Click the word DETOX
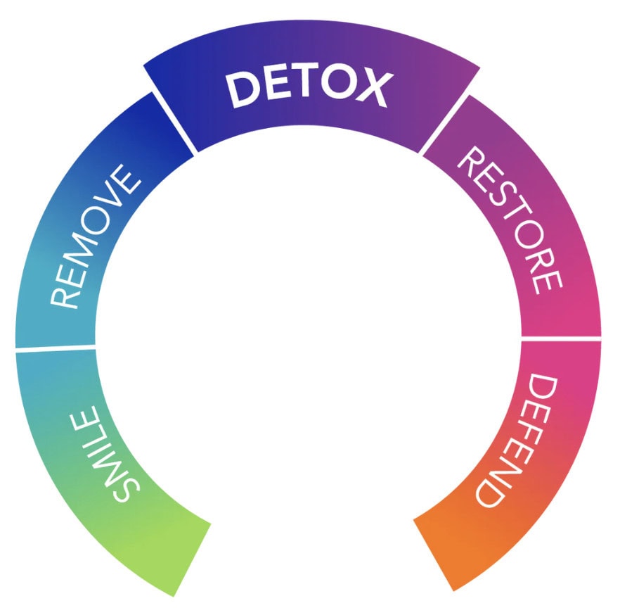(x=309, y=89)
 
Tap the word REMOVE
(x=96, y=236)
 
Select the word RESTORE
(x=510, y=220)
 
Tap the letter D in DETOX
(x=243, y=90)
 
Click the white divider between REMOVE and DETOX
(x=174, y=122)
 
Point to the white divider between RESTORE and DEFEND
(x=562, y=338)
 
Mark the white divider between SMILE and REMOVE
(x=56, y=348)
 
